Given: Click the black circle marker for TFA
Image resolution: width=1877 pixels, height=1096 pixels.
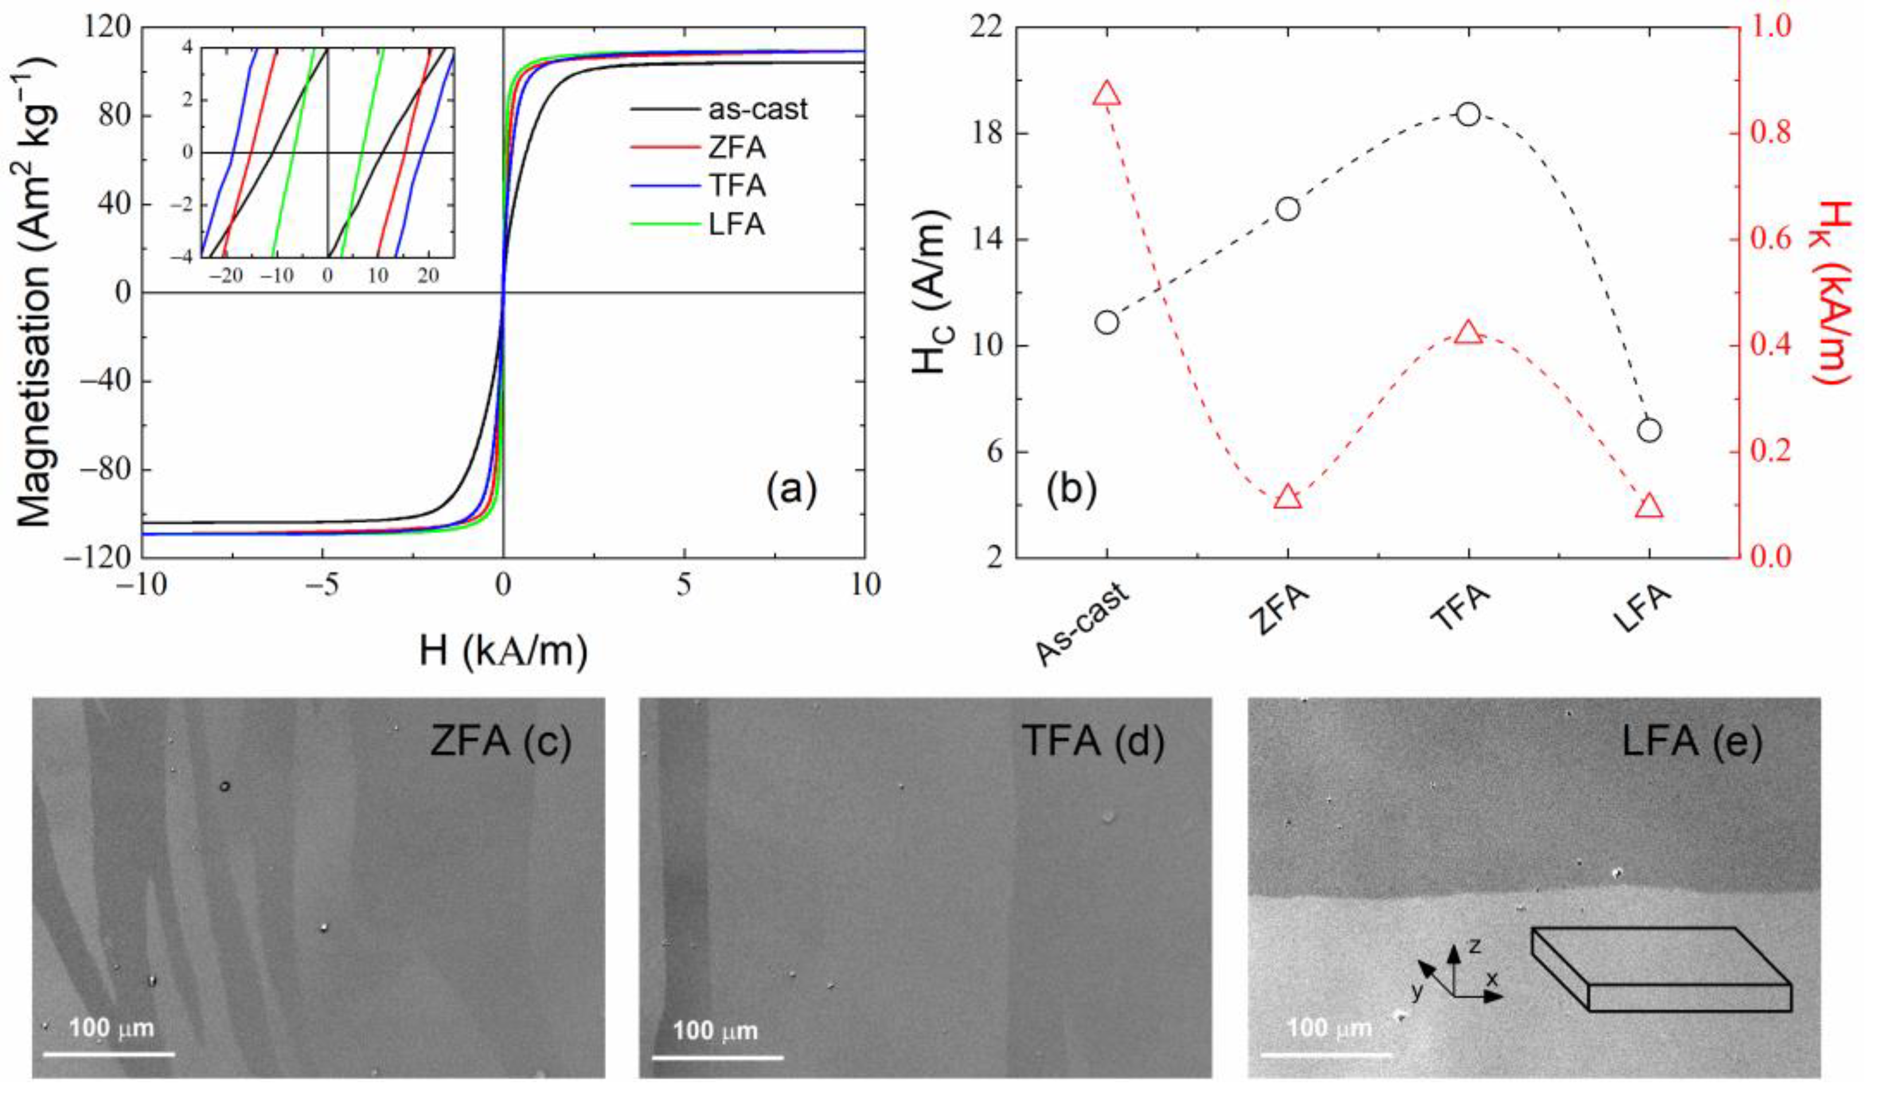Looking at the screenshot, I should coord(1468,115).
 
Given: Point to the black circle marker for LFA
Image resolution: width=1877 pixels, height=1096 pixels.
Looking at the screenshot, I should coord(1649,430).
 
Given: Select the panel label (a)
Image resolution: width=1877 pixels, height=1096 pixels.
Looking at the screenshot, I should coord(791,490).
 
